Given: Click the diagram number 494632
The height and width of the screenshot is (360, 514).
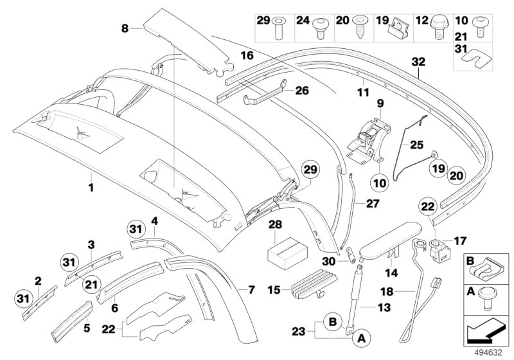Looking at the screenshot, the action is (x=488, y=353).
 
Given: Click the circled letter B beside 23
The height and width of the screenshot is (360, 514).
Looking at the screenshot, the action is (x=332, y=321).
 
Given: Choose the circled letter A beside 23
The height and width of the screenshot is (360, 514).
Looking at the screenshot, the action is (x=361, y=337).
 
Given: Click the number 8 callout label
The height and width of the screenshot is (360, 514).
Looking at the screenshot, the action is (x=125, y=28).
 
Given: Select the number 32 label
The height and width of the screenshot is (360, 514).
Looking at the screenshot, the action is (x=418, y=62).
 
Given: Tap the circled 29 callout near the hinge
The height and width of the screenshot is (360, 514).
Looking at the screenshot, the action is (x=311, y=170).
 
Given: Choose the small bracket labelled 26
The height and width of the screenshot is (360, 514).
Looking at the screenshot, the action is (x=264, y=93).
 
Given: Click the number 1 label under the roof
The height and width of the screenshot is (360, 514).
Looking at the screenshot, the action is (x=91, y=188).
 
